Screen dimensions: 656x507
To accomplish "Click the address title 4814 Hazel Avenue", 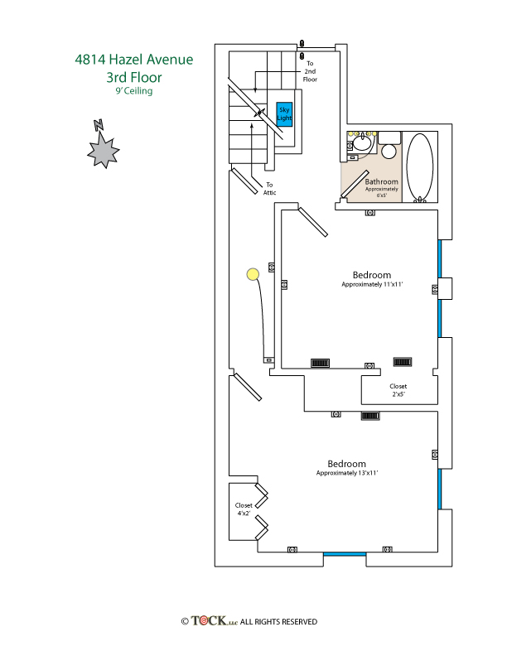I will [133, 60].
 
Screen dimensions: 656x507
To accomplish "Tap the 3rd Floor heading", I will [133, 78].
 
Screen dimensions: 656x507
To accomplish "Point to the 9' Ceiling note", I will [133, 92].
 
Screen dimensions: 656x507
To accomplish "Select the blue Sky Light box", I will [284, 113].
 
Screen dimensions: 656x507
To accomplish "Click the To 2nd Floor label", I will [311, 71].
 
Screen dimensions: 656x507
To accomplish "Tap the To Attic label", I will [269, 188].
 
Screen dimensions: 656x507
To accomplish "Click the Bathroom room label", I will [381, 181].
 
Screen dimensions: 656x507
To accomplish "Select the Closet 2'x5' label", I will [398, 390].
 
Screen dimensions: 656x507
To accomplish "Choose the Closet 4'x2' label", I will [244, 509].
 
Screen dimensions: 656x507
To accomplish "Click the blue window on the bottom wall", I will [344, 554].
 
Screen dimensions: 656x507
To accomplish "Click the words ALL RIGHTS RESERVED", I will [278, 622].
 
